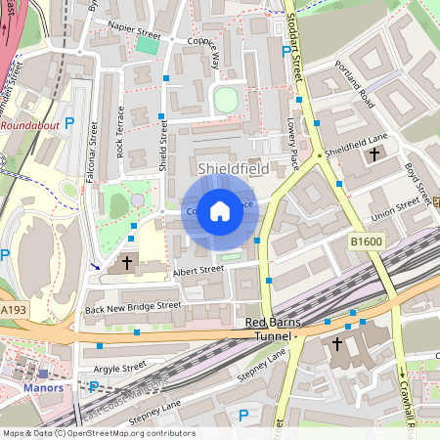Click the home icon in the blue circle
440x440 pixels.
[220, 211]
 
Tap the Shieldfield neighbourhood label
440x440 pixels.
[233, 169]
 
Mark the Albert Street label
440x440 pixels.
[198, 269]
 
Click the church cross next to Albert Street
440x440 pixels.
[126, 264]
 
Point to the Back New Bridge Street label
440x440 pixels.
[133, 306]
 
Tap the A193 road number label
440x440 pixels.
[14, 309]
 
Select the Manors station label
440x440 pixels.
[42, 387]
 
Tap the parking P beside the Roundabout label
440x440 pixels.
[68, 122]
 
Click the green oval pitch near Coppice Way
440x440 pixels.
[226, 99]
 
